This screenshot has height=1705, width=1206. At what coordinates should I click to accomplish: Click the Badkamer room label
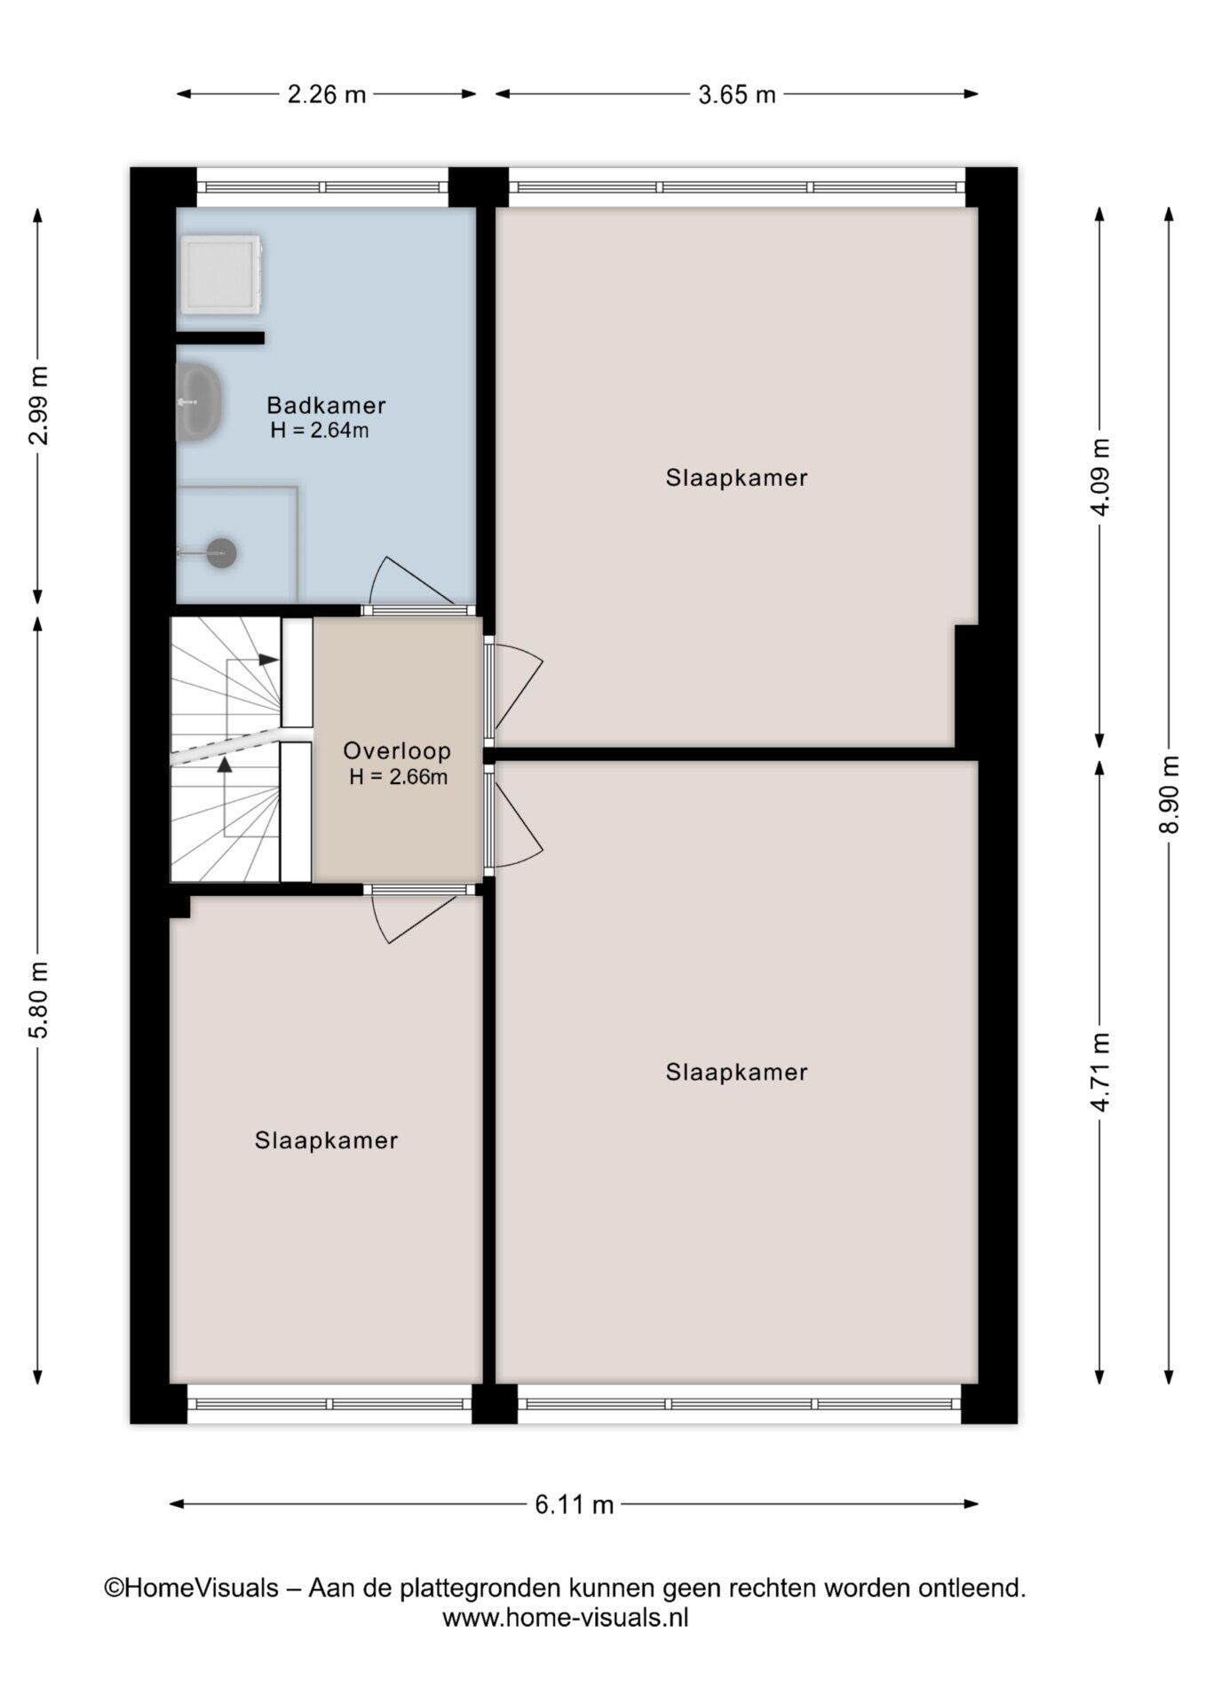[x=326, y=406]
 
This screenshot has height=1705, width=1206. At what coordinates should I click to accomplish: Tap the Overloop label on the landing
[x=397, y=751]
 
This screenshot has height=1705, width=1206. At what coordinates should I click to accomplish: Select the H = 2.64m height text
[x=320, y=432]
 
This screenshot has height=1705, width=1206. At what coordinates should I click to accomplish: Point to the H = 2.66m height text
[x=398, y=777]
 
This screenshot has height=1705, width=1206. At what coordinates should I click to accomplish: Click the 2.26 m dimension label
[x=327, y=94]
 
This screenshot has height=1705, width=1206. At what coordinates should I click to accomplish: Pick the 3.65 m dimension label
[x=737, y=94]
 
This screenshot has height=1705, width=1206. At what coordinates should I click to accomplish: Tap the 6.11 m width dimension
[x=575, y=1504]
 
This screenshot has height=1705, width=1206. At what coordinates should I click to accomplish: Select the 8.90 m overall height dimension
[x=1169, y=794]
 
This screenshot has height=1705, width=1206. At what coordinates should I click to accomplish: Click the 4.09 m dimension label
[x=1099, y=477]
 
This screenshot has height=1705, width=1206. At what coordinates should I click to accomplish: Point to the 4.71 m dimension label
[x=1099, y=1072]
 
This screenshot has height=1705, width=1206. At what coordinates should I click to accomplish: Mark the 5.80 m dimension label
[x=37, y=999]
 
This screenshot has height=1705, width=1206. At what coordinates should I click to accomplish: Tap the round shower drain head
[x=221, y=553]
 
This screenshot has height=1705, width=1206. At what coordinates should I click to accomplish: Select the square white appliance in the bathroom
[x=221, y=274]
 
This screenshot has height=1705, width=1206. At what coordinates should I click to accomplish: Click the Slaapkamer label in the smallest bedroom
[x=326, y=1140]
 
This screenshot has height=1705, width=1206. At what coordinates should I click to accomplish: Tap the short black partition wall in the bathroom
[x=219, y=337]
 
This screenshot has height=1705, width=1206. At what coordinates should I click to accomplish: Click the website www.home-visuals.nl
[x=566, y=1617]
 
